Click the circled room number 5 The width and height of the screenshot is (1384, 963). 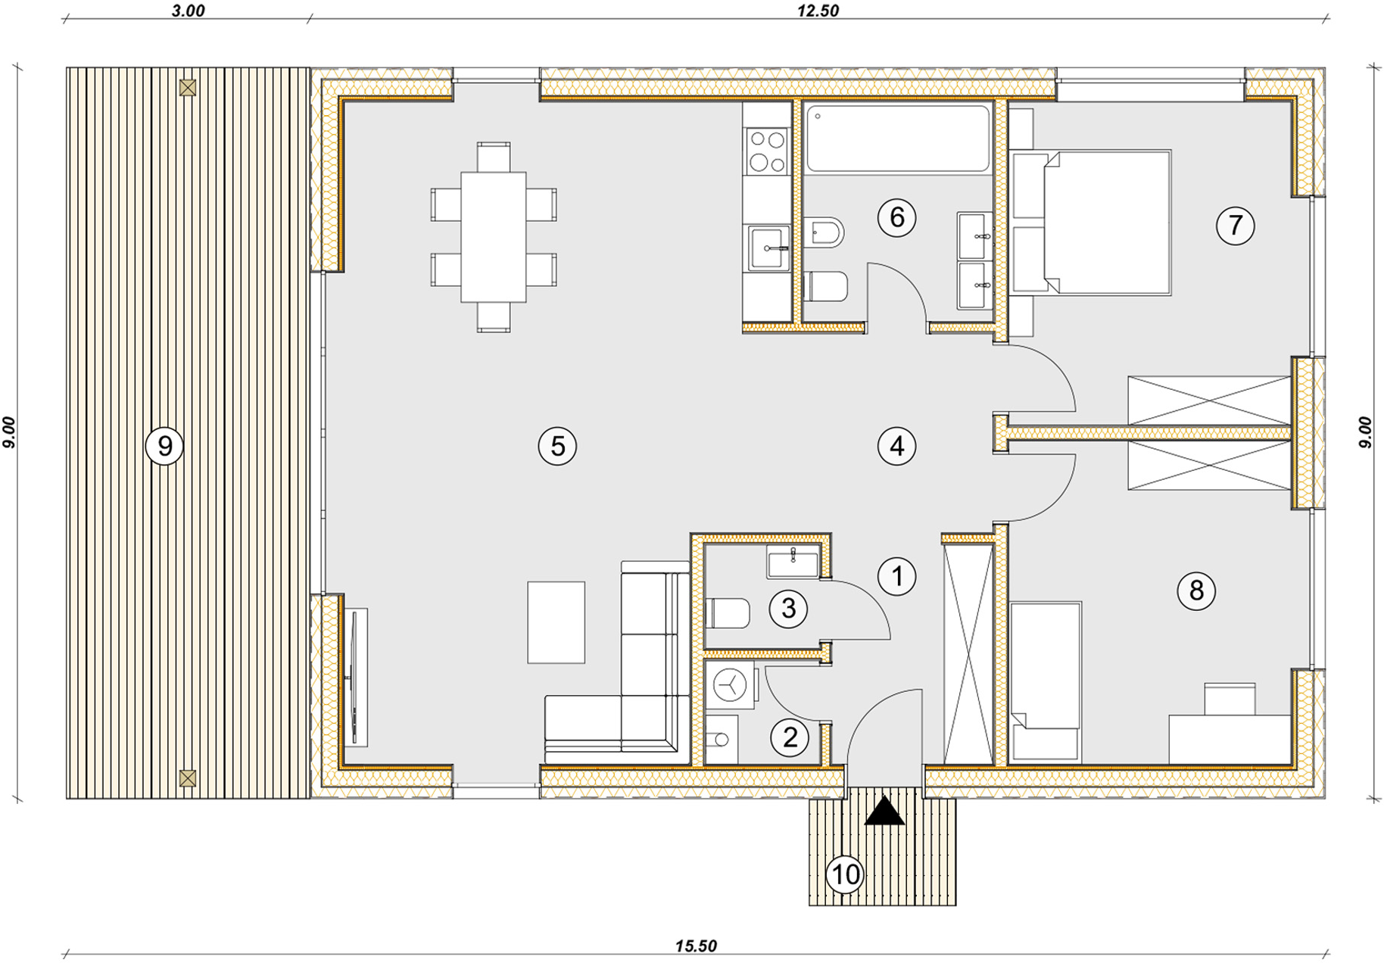557,446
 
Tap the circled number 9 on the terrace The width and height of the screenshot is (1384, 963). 164,446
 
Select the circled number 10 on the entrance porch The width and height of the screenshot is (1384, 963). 845,874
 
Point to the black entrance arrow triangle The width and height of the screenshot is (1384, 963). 884,812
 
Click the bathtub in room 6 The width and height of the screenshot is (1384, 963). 898,139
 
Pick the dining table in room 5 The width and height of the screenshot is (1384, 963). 494,237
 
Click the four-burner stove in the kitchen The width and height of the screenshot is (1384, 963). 766,151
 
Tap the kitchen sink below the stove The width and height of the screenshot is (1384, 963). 768,248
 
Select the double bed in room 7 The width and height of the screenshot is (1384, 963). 1091,223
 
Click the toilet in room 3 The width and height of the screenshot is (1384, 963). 727,613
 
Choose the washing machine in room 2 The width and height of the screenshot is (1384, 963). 731,685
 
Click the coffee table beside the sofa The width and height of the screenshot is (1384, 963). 556,622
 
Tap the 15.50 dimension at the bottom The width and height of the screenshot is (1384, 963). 696,946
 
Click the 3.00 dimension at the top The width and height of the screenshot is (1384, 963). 188,11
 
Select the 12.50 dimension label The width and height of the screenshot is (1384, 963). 818,11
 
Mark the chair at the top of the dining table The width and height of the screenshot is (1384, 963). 494,157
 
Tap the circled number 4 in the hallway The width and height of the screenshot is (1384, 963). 896,446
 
